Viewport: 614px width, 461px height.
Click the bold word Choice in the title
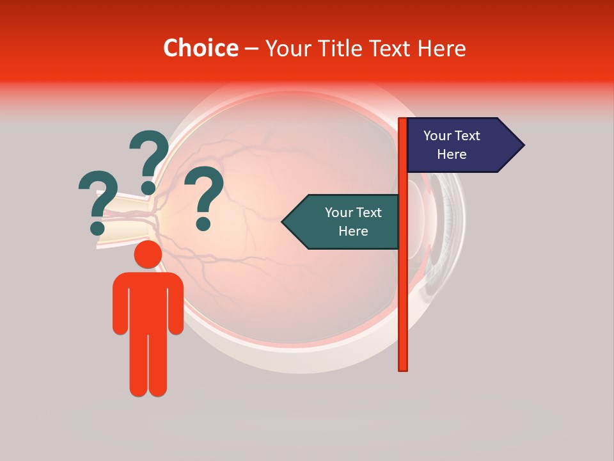(x=200, y=49)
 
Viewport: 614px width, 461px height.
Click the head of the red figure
(x=148, y=255)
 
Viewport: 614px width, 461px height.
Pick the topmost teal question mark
(x=150, y=157)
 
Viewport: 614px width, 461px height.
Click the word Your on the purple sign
(x=438, y=136)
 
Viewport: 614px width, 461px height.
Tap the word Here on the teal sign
(x=353, y=231)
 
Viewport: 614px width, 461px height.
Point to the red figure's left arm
(x=121, y=307)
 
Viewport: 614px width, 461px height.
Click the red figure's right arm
(x=175, y=307)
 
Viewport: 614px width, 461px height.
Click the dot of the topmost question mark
(x=148, y=188)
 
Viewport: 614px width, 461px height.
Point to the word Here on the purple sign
(x=452, y=154)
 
